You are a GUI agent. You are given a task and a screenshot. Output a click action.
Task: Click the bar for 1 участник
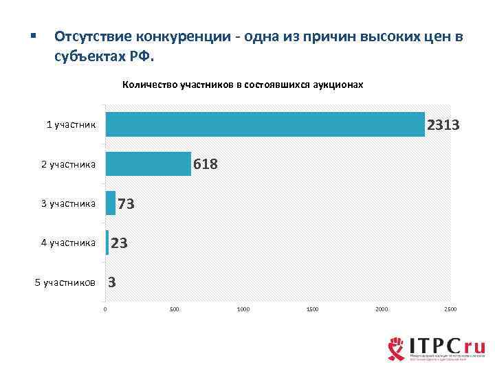pyautogui.click(x=265, y=124)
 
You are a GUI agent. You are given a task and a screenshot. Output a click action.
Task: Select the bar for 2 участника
pyautogui.click(x=148, y=164)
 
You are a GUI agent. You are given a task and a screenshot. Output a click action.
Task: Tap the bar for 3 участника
pyautogui.click(x=111, y=203)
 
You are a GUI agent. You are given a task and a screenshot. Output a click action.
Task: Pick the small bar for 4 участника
pyautogui.click(x=107, y=243)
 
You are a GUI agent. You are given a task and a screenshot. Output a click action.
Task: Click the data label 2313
pyautogui.click(x=443, y=125)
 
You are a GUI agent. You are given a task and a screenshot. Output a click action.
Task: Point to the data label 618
pyautogui.click(x=206, y=164)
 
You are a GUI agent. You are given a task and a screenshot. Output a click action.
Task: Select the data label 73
pyautogui.click(x=126, y=204)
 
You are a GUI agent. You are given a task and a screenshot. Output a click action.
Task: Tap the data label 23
pyautogui.click(x=119, y=243)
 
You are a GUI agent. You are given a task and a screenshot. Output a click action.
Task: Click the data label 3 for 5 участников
pyautogui.click(x=111, y=282)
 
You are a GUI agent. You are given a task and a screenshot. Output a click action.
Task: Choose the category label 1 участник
pyautogui.click(x=71, y=125)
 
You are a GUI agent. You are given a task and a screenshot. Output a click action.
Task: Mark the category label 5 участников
pyautogui.click(x=65, y=282)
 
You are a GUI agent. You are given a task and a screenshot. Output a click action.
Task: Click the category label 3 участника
pyautogui.click(x=68, y=203)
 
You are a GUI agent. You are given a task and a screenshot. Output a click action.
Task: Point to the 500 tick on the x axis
pyautogui.click(x=174, y=310)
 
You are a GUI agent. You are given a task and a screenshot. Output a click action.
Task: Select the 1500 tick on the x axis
pyautogui.click(x=312, y=310)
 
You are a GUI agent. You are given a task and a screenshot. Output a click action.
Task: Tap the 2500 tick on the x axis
pyautogui.click(x=450, y=310)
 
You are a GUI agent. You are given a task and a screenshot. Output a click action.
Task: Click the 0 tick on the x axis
pyautogui.click(x=105, y=310)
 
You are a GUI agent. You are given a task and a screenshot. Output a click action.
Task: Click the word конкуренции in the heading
pyautogui.click(x=181, y=36)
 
